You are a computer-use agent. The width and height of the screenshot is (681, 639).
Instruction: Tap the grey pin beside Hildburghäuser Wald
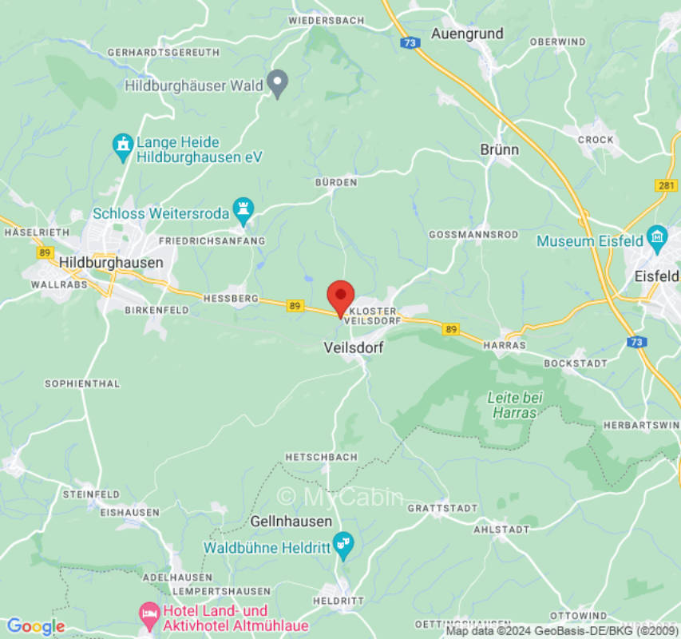277,83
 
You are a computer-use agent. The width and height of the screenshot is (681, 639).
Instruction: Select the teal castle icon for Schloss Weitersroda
243,209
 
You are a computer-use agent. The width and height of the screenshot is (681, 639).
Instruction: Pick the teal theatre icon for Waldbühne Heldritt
343,544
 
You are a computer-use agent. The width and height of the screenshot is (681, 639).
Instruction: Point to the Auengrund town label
467,34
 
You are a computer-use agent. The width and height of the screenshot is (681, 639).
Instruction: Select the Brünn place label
500,149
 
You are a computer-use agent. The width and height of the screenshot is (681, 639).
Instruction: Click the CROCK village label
596,140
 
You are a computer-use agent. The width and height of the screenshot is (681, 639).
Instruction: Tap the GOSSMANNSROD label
473,235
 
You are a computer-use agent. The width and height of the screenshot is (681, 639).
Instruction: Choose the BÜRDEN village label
336,183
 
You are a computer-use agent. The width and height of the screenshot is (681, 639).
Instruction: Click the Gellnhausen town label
291,521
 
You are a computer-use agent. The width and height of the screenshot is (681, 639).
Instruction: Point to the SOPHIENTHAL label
82,383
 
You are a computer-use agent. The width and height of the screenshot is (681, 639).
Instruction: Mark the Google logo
35,626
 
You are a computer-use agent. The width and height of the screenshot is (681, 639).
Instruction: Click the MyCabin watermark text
340,496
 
